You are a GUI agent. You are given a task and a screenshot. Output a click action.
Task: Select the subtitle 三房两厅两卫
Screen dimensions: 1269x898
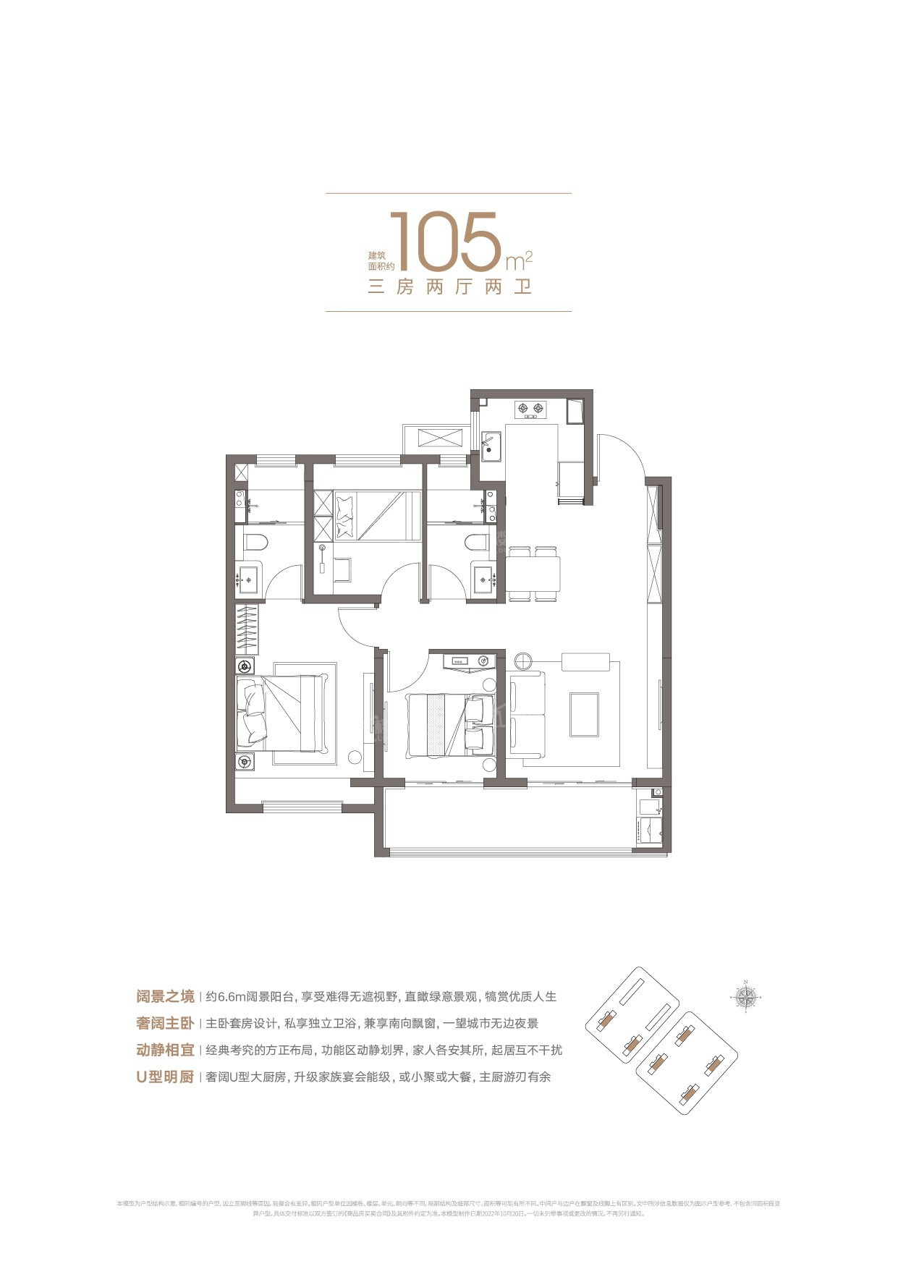(x=449, y=287)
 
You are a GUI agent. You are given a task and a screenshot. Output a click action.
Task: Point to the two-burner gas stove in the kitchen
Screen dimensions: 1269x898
(x=530, y=409)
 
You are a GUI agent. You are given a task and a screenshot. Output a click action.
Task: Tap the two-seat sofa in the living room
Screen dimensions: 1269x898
(x=527, y=714)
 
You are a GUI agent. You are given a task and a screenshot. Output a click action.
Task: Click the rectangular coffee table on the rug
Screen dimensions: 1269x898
(x=584, y=715)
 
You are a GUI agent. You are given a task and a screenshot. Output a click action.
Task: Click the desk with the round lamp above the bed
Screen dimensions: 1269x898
(x=469, y=661)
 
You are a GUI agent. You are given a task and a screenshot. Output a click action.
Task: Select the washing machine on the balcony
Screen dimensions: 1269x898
(x=649, y=827)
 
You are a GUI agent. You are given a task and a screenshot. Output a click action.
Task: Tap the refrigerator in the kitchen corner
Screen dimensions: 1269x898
(x=575, y=412)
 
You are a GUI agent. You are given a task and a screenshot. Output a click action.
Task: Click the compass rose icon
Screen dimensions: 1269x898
(x=746, y=998)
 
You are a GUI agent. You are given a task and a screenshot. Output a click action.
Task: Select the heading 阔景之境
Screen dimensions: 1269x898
(x=165, y=996)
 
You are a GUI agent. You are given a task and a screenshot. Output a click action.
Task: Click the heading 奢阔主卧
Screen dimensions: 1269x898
(x=165, y=1023)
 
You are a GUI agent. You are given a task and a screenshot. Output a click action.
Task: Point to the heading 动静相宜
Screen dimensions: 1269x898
(x=165, y=1050)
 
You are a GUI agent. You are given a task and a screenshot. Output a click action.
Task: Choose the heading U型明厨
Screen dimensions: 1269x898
(x=165, y=1077)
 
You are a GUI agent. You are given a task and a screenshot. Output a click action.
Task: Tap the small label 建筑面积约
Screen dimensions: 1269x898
(x=377, y=261)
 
